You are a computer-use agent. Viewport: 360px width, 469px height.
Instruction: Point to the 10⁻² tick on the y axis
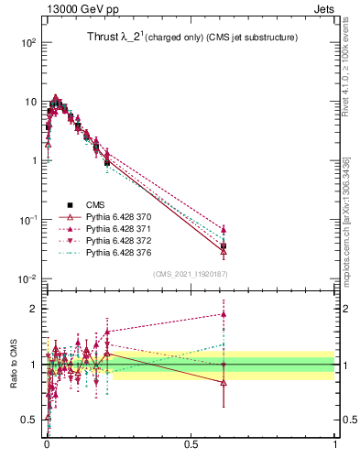point(27,278)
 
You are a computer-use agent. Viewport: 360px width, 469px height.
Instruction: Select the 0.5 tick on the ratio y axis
point(32,420)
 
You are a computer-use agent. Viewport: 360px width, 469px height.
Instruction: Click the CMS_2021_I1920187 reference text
point(191,274)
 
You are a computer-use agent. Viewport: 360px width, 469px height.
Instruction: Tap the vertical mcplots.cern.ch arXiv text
point(345,220)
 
